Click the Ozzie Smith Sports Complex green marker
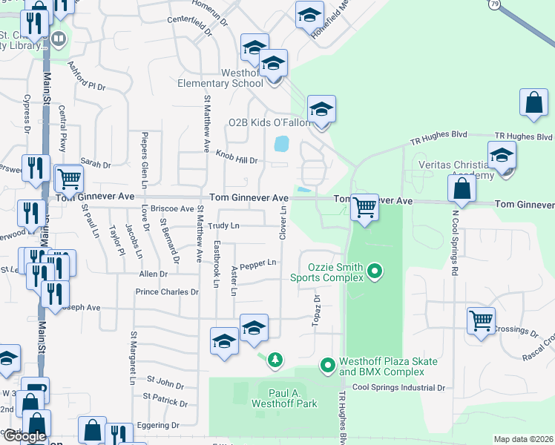[x=375, y=271]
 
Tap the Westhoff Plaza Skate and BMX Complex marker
[x=327, y=365]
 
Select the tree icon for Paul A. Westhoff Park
[x=275, y=360]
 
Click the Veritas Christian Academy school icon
[x=502, y=156]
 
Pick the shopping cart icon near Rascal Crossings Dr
[x=481, y=320]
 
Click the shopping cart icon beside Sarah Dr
[x=69, y=178]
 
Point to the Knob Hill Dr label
[x=237, y=156]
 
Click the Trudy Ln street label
[x=224, y=225]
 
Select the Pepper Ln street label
[x=258, y=263]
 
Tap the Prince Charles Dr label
[x=167, y=291]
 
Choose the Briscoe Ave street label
[x=171, y=210]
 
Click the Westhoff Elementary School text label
[x=220, y=78]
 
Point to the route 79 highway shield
[x=494, y=4]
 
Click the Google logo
[x=24, y=435]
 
